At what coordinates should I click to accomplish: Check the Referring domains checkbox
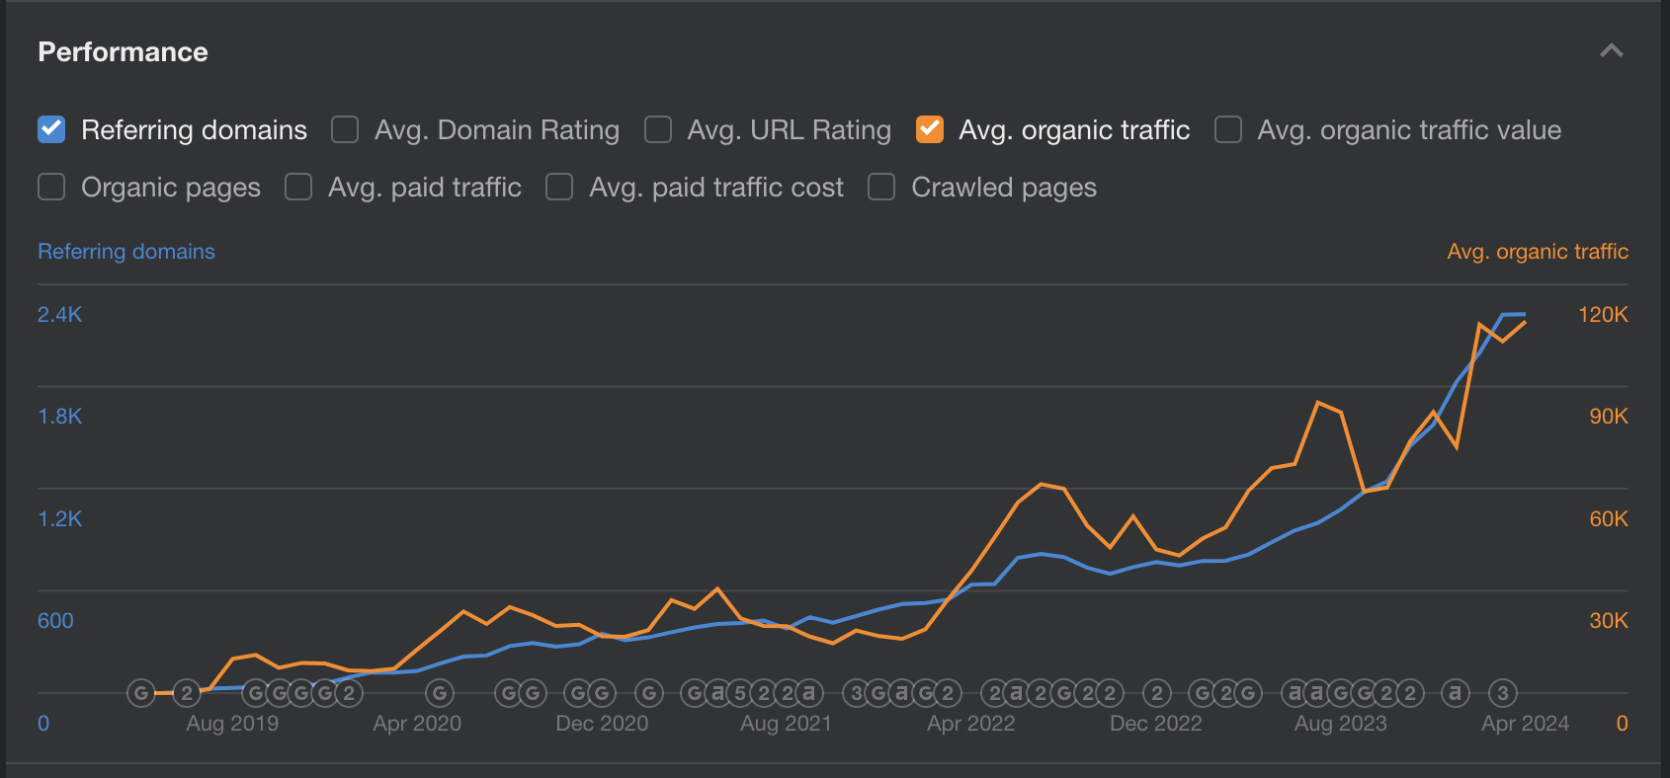(51, 129)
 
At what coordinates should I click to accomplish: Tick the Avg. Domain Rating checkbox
(345, 129)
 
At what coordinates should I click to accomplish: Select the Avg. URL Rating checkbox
(658, 129)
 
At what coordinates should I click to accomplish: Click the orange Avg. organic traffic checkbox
(930, 129)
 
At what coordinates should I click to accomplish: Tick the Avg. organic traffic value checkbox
(1228, 129)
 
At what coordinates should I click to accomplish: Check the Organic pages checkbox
(51, 187)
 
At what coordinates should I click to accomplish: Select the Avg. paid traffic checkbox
(298, 187)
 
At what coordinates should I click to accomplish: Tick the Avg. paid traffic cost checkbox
(559, 187)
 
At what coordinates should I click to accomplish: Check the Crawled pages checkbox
(881, 187)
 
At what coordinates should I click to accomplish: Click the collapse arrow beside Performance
(1612, 50)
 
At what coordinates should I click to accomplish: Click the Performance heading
(123, 51)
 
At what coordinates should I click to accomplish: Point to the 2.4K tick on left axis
(59, 314)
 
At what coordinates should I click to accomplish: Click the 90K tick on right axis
(1608, 416)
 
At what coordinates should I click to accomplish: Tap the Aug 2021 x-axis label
(786, 723)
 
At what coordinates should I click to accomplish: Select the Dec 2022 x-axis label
(1155, 723)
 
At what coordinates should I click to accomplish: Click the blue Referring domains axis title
(125, 251)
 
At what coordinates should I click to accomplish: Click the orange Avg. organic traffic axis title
(1537, 251)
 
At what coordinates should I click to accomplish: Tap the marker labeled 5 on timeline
(740, 693)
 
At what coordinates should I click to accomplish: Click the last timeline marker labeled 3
(1502, 693)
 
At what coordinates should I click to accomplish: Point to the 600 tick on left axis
(55, 620)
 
